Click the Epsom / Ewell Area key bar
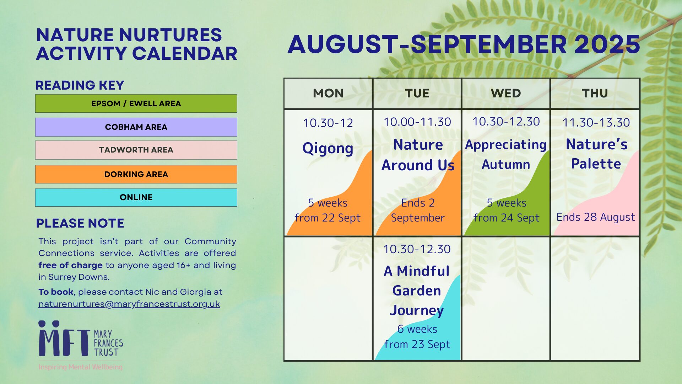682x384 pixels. tap(136, 103)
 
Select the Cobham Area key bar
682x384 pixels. tap(136, 127)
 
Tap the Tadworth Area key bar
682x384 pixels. tap(136, 150)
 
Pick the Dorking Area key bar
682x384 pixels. tap(136, 174)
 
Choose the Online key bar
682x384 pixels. tap(136, 197)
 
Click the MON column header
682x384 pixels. tap(328, 93)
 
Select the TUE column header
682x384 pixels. tap(417, 93)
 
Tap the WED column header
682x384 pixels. tap(506, 93)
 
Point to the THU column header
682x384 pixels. tap(595, 93)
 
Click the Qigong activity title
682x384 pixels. tap(328, 148)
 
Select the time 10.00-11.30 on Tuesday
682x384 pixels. tap(417, 122)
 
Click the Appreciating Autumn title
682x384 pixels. tap(506, 155)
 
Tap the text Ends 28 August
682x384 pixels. tap(596, 217)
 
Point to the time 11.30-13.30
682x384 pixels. tap(596, 123)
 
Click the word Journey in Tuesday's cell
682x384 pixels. tap(417, 310)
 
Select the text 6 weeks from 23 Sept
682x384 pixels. tap(417, 337)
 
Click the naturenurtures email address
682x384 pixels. tap(129, 304)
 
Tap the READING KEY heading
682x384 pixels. tap(80, 85)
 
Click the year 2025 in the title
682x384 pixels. tap(607, 44)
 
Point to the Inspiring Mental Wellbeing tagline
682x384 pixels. tap(81, 367)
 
